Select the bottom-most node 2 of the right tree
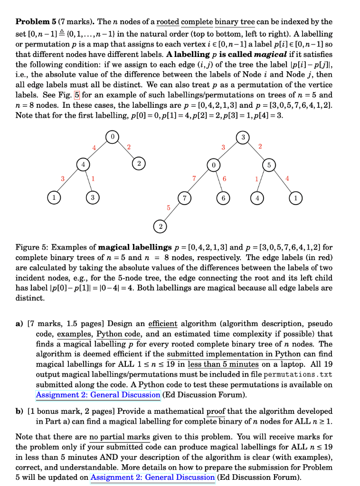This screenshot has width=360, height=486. click(161, 227)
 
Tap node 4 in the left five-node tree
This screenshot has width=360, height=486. click(85, 166)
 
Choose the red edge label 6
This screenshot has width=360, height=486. click(224, 179)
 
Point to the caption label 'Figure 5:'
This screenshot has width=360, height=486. click(32, 247)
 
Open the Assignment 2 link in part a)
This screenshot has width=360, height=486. click(98, 394)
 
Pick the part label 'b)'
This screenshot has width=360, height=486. click(20, 411)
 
